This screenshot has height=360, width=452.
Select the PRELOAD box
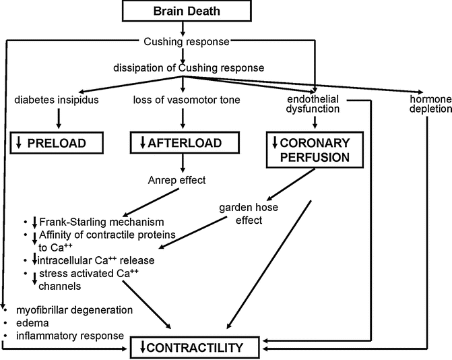(x=58, y=143)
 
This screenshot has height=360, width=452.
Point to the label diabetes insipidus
(x=58, y=102)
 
